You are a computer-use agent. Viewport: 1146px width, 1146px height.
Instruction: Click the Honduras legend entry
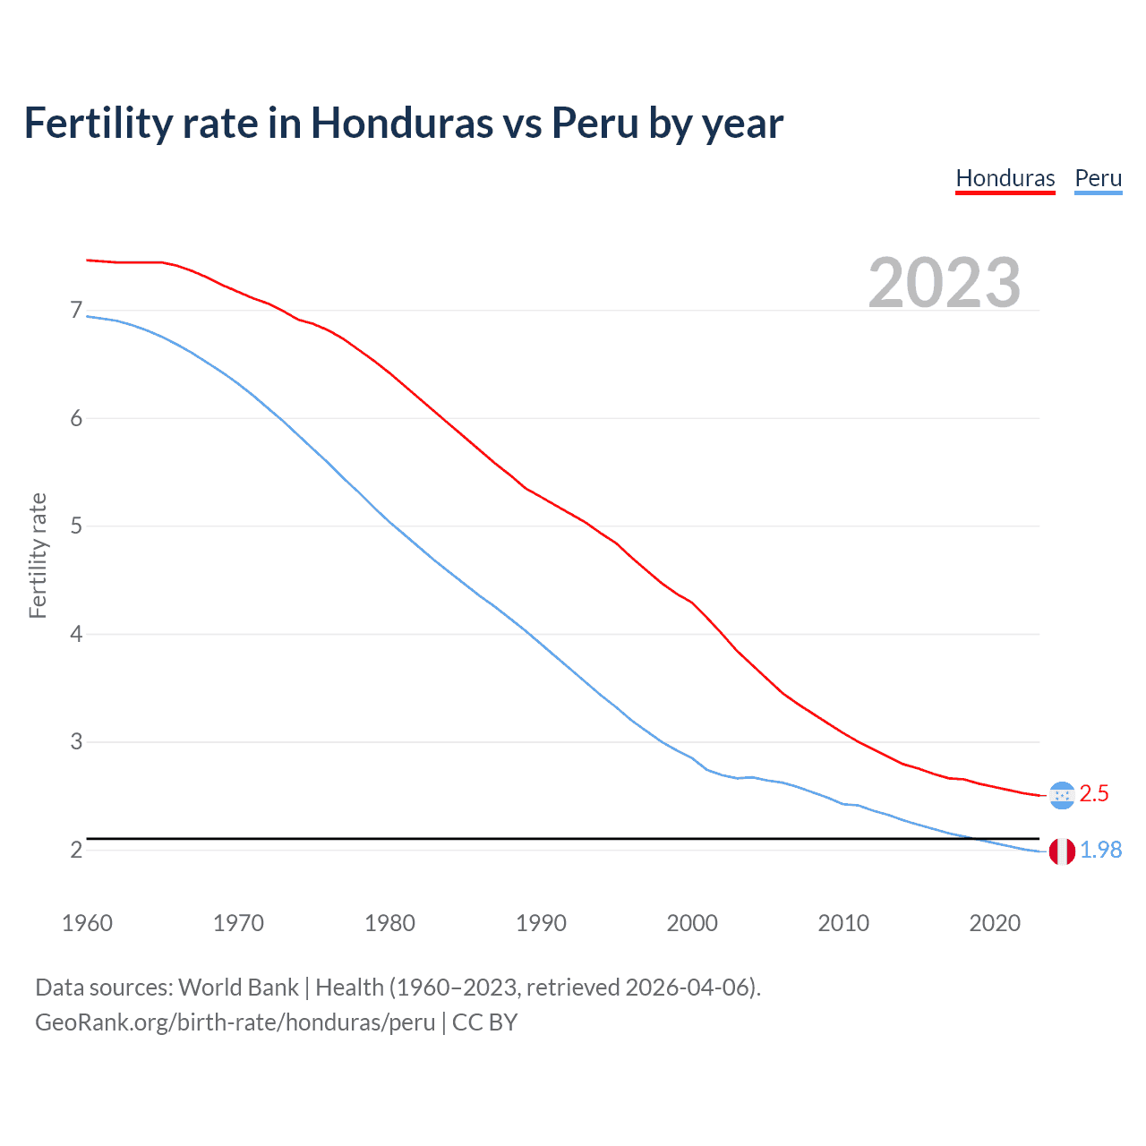(x=1005, y=178)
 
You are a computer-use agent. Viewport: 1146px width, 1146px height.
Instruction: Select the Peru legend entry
(x=1098, y=178)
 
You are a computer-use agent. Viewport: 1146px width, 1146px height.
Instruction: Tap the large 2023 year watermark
(x=944, y=283)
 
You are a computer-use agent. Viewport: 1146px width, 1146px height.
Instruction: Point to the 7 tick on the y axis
(x=76, y=311)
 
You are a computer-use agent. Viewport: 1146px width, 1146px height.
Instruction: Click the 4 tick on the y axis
(x=76, y=634)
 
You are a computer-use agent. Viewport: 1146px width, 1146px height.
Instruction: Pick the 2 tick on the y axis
(x=76, y=850)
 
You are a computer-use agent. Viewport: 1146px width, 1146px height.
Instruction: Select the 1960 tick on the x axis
(x=87, y=923)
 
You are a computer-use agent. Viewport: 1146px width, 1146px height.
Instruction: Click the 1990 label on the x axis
(x=541, y=923)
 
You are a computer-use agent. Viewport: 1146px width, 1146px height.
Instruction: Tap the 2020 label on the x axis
(x=995, y=923)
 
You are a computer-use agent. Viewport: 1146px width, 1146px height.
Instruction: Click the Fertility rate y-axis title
(x=38, y=555)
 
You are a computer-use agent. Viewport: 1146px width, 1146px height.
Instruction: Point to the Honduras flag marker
(x=1062, y=795)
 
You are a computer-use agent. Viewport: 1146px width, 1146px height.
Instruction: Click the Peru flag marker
(x=1062, y=851)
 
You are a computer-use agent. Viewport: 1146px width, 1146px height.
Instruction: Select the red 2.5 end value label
(x=1094, y=794)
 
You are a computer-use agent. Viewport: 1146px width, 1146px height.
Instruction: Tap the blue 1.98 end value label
(x=1100, y=851)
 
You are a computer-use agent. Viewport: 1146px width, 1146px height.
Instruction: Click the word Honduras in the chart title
(x=402, y=124)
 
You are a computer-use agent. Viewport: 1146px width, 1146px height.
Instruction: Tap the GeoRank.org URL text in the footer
(x=235, y=1022)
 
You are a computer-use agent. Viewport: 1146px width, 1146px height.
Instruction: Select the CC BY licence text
(x=484, y=1022)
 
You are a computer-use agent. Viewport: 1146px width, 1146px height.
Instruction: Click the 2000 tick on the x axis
(x=692, y=923)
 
